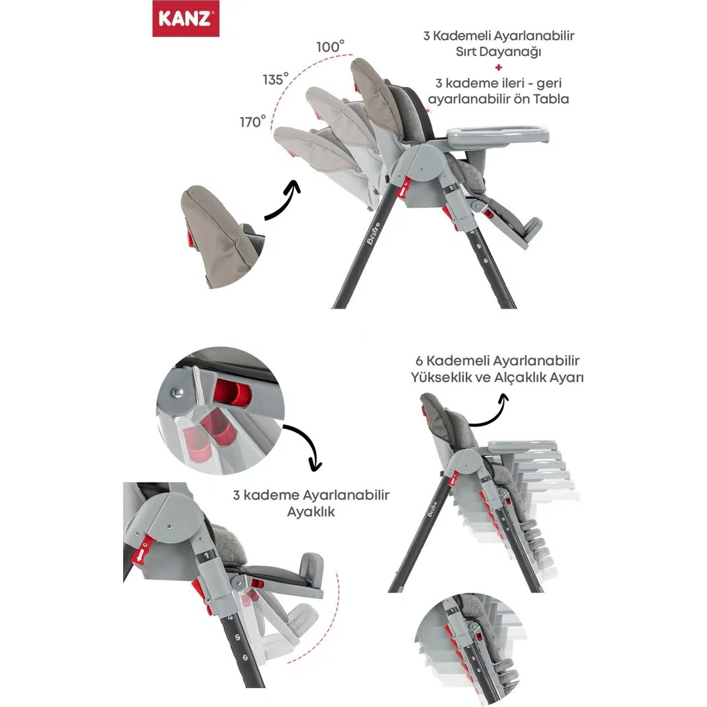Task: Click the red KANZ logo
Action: [186, 18]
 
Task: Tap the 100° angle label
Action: [330, 47]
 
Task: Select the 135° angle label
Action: [276, 79]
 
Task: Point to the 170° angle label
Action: [253, 121]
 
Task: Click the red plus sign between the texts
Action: [498, 68]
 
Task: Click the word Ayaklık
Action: [311, 512]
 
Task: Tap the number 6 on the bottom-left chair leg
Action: [245, 657]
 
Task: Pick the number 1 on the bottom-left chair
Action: [206, 555]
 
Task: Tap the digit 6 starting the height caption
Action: [419, 361]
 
